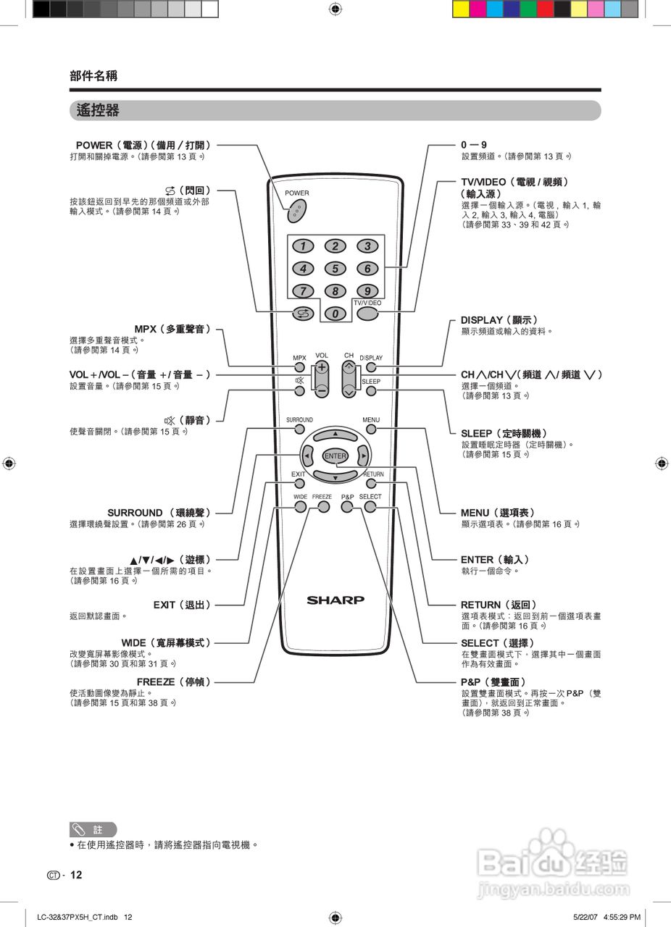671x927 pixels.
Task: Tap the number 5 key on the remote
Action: pyautogui.click(x=335, y=269)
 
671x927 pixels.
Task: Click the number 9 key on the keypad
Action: pyautogui.click(x=367, y=291)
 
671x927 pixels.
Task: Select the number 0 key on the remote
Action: pyautogui.click(x=335, y=314)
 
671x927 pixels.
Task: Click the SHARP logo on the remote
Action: pyautogui.click(x=335, y=600)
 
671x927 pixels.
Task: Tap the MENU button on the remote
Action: pyautogui.click(x=371, y=429)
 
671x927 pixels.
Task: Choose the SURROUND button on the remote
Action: pyautogui.click(x=299, y=429)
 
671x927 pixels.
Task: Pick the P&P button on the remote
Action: pyautogui.click(x=347, y=507)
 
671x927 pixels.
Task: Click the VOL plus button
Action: pyautogui.click(x=322, y=368)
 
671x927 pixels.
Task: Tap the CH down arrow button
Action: pyautogui.click(x=349, y=390)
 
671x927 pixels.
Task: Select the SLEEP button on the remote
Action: pyautogui.click(x=371, y=391)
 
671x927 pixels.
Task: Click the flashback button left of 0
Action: pyautogui.click(x=301, y=314)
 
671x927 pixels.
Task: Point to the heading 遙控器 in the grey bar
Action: pyautogui.click(x=98, y=111)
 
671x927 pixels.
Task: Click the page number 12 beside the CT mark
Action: pyautogui.click(x=76, y=875)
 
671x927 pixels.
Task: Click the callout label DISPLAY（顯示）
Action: pyautogui.click(x=499, y=320)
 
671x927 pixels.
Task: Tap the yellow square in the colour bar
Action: pyautogui.click(x=461, y=9)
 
